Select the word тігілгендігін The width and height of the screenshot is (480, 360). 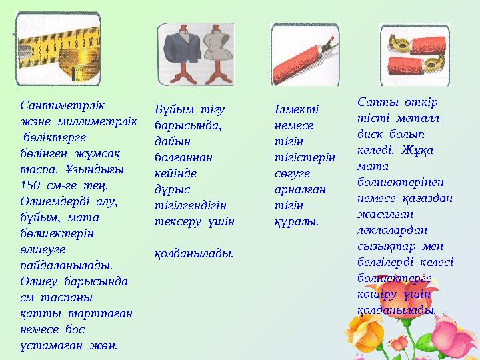click(x=191, y=205)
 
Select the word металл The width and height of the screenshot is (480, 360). click(x=413, y=117)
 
